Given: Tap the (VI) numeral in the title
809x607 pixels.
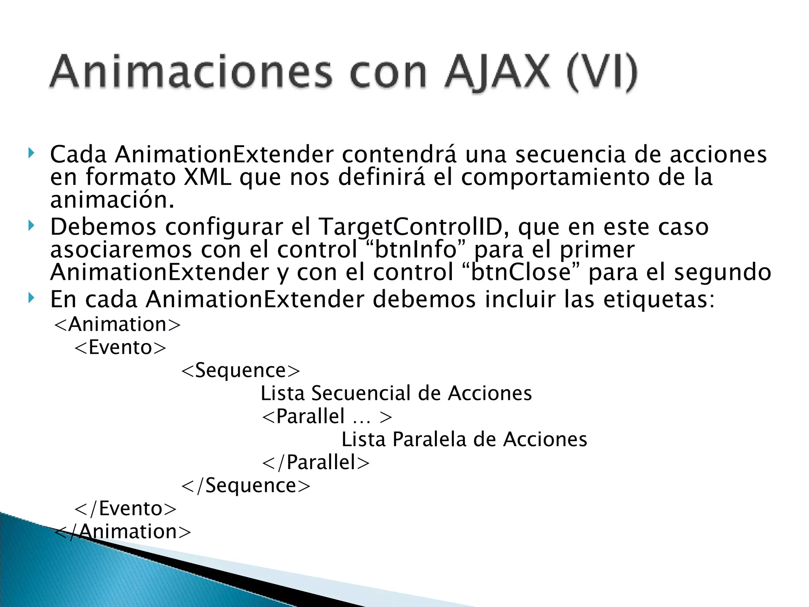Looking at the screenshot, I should (x=602, y=73).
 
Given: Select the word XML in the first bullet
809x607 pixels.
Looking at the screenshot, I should (x=207, y=177).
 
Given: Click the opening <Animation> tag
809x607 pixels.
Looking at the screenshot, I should (x=117, y=324).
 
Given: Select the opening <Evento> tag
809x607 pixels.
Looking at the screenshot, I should (x=120, y=347).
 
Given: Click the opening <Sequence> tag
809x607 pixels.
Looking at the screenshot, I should (x=241, y=370).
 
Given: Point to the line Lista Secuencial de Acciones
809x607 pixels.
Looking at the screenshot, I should (x=396, y=393).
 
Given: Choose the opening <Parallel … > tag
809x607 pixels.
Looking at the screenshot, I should (x=327, y=416).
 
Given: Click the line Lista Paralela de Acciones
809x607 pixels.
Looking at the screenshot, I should (x=464, y=439).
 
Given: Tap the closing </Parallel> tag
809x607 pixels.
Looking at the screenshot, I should (x=316, y=462).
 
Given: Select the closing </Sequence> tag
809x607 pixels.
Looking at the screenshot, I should (x=246, y=485).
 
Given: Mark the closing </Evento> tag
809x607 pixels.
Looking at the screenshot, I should (x=126, y=508).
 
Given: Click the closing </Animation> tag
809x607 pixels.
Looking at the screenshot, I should (x=122, y=532).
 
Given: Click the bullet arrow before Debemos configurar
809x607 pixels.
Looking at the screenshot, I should (x=31, y=226).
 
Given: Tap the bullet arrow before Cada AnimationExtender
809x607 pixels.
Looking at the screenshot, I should (x=31, y=153).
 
